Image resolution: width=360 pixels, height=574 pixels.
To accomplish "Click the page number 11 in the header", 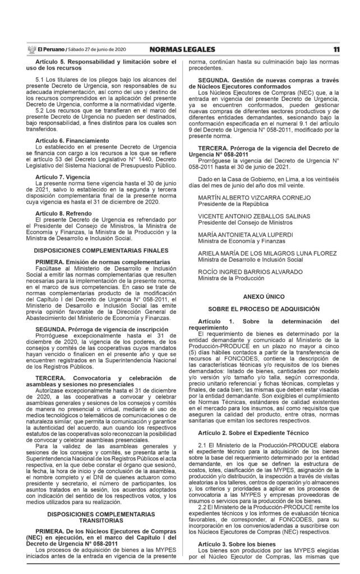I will (x=336, y=50).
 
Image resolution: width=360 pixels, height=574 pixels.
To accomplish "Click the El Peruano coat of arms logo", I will (x=31, y=50).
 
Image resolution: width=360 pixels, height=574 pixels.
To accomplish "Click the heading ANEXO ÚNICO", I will (x=264, y=295).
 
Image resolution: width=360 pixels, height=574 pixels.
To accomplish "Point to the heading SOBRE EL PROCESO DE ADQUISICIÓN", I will (x=264, y=309).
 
